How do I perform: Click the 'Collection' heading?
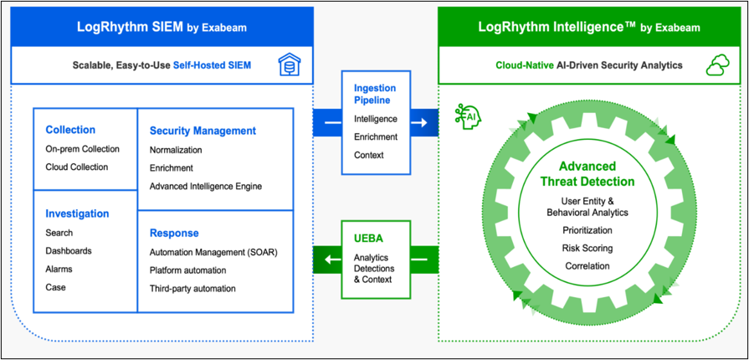click(x=70, y=130)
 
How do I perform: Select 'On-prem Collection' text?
click(x=83, y=149)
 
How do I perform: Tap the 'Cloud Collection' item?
click(x=77, y=167)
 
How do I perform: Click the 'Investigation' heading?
click(x=78, y=213)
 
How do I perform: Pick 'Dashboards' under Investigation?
click(x=69, y=250)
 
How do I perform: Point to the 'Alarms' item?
click(x=59, y=269)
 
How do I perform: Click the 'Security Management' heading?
click(x=203, y=131)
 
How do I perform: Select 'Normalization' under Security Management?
click(x=176, y=150)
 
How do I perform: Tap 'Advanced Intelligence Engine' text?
click(x=206, y=186)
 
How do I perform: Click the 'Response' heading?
click(x=174, y=233)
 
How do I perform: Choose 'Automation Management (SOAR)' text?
click(x=213, y=252)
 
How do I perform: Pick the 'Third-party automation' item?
click(x=192, y=288)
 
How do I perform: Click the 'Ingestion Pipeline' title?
click(x=376, y=94)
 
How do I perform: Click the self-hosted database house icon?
click(x=289, y=65)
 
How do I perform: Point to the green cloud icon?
click(x=717, y=65)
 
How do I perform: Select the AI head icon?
click(x=466, y=116)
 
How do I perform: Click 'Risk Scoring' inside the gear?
click(x=586, y=249)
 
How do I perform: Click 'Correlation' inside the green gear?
click(x=586, y=266)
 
